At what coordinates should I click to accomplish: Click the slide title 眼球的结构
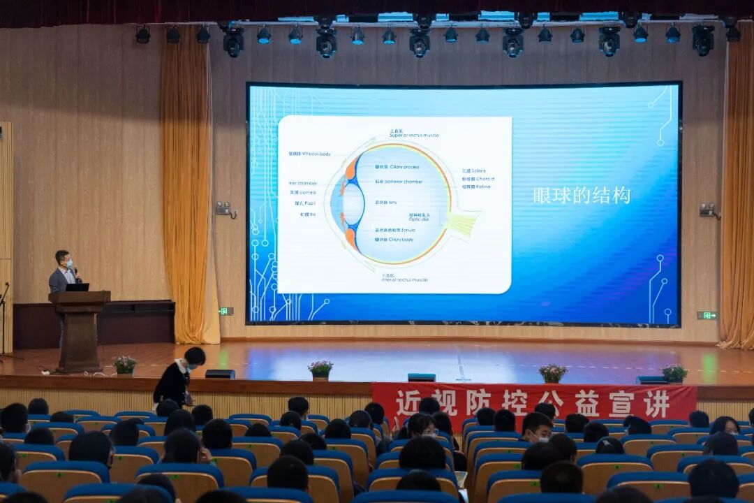click(582, 195)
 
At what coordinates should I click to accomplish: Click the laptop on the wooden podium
click(77, 287)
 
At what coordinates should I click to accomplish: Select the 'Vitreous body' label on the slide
click(310, 154)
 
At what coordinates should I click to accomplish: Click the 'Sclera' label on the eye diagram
click(475, 170)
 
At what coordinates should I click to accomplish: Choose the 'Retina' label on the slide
click(477, 187)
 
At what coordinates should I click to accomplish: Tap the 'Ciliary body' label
click(395, 240)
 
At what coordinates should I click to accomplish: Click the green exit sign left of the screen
click(226, 311)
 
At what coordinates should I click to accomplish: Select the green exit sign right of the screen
click(707, 315)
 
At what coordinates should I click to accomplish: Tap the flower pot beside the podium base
click(125, 365)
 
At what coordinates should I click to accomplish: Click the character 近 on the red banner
click(407, 403)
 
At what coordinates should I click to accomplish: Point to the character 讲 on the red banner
click(658, 403)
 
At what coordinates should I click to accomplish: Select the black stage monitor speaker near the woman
click(220, 374)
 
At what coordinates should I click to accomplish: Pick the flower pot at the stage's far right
click(674, 374)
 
